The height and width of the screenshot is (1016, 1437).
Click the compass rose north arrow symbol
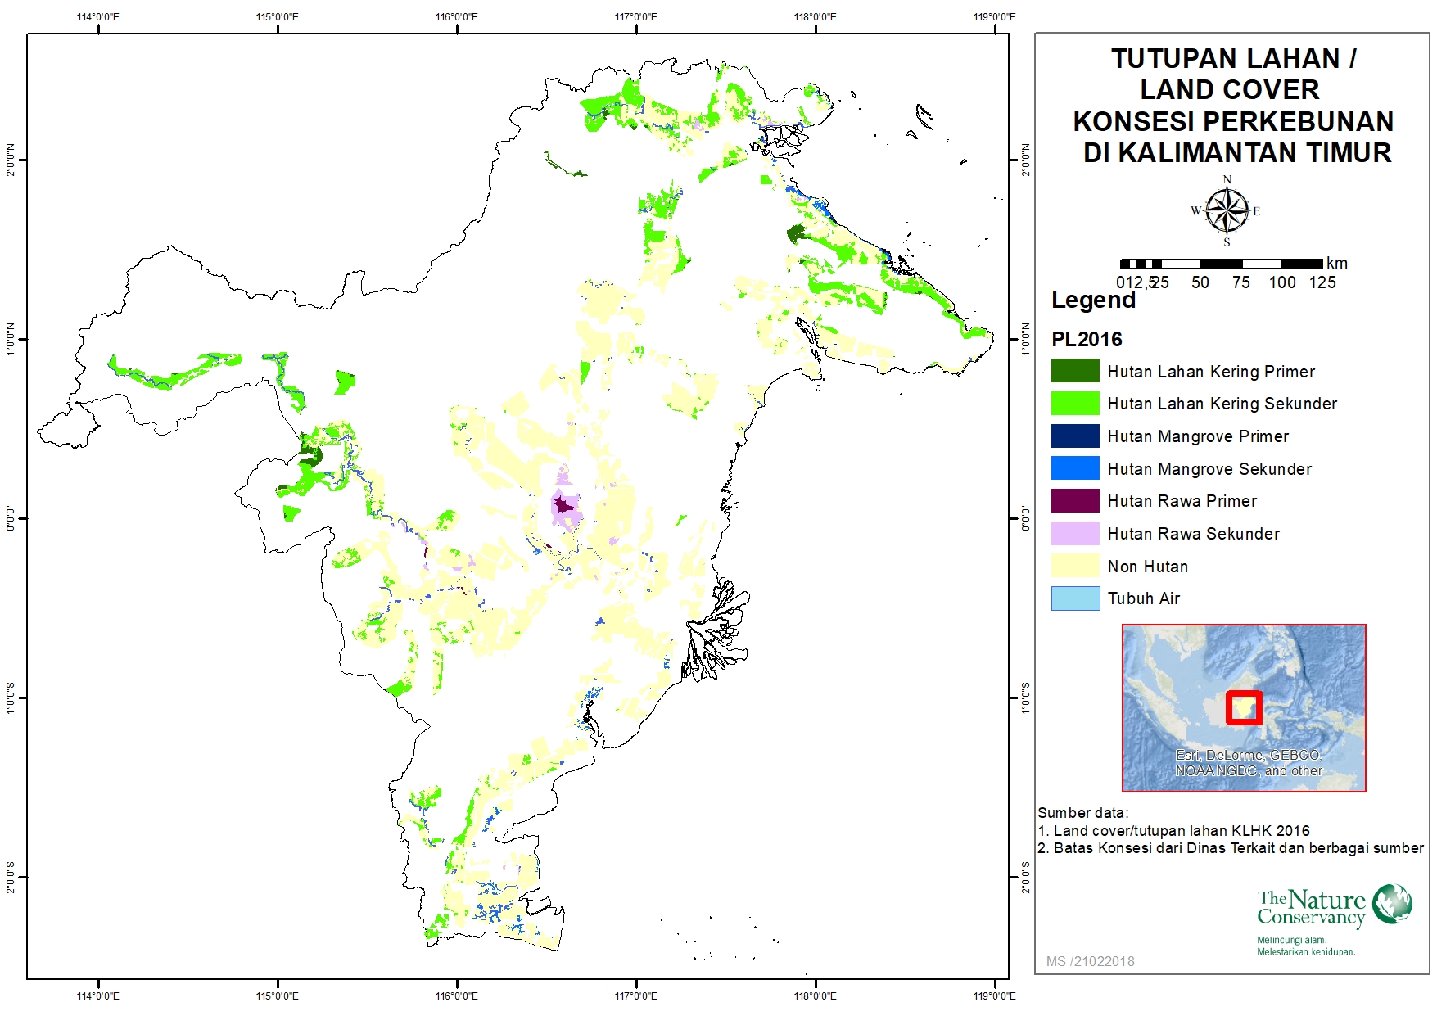[1227, 210]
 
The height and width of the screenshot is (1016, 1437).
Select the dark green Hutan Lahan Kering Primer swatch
[1075, 371]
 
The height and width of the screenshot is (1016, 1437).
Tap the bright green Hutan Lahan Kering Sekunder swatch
[1075, 403]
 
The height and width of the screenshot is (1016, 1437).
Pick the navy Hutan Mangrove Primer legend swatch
[1075, 436]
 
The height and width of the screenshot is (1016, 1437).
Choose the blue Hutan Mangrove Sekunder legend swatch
[1075, 468]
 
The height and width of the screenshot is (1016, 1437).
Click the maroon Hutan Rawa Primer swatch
[1075, 500]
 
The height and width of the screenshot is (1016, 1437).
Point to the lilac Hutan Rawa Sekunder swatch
[1075, 533]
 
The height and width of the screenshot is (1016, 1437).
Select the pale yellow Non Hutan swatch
[1075, 566]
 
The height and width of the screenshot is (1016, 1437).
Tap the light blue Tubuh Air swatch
[1075, 598]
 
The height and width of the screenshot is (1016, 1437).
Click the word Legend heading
[1093, 300]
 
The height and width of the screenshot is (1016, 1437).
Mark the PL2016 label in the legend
[1087, 339]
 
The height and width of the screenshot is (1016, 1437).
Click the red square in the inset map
[1244, 708]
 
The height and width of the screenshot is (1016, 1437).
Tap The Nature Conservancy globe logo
[1392, 904]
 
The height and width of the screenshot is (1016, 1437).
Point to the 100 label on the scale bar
[1282, 282]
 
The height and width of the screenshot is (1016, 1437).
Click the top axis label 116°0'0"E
[456, 17]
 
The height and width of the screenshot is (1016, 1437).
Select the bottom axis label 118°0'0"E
[815, 996]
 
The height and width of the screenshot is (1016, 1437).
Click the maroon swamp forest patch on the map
[563, 504]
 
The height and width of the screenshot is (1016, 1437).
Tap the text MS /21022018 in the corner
[1090, 961]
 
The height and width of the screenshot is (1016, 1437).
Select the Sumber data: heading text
[1082, 813]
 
